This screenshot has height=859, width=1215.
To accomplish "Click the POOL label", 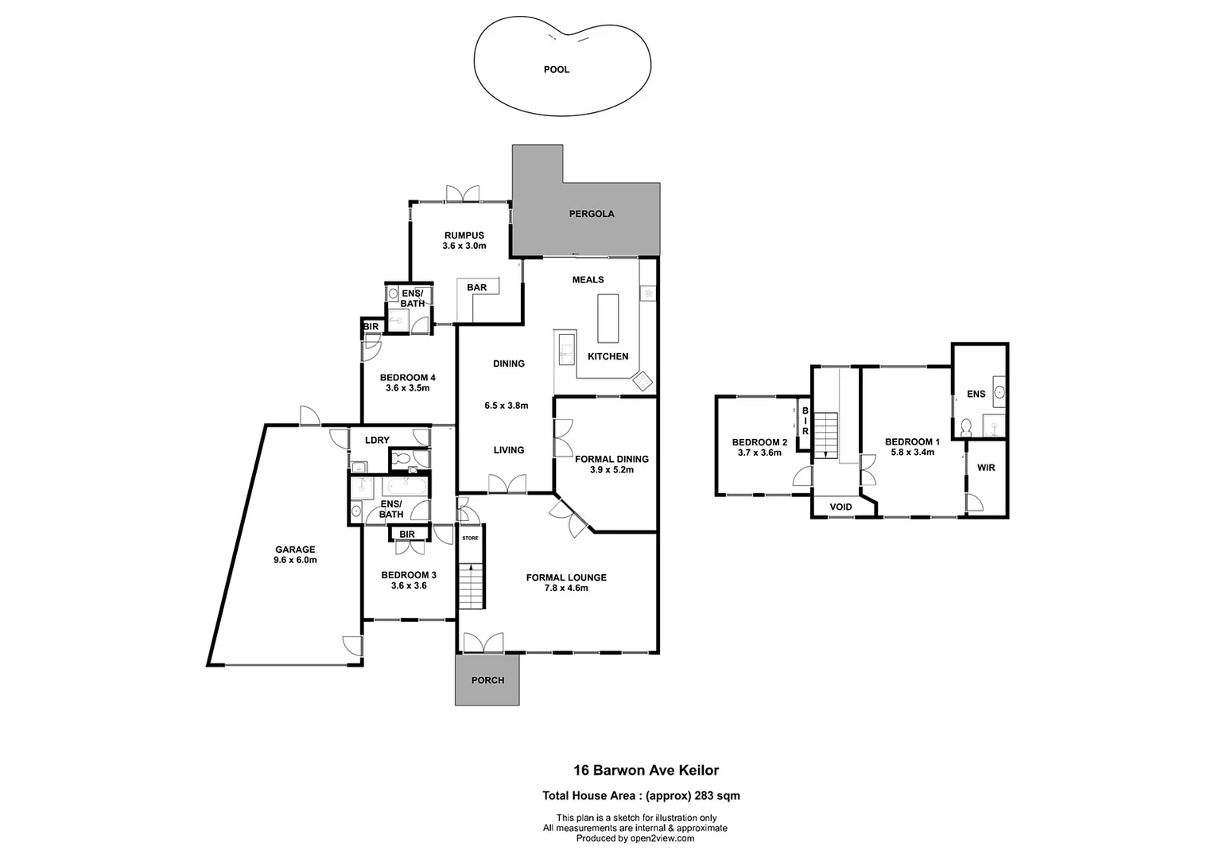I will coord(556,70).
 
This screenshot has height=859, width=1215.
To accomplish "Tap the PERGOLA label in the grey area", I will coord(591,214).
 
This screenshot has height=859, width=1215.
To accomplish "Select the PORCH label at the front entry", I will coord(487,680).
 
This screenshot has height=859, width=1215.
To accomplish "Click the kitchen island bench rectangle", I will coord(607,317).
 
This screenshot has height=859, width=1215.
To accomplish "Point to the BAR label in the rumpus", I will coord(476,288).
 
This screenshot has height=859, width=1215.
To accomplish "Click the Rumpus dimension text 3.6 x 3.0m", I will coord(464,247).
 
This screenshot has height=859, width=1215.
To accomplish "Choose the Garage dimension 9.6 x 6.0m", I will coord(295,560).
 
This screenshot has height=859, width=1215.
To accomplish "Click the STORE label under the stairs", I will coord(471,538).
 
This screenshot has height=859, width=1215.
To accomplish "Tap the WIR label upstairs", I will coord(986,468).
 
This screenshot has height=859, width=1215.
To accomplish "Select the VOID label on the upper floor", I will coord(840,507).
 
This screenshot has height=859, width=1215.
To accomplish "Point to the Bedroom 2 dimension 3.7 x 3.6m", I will coord(759,453).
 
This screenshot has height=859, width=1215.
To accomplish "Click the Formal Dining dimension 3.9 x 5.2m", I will coord(611,470).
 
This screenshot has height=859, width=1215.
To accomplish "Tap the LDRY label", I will coord(377,441).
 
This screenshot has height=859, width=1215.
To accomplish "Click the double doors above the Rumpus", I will coord(462,193).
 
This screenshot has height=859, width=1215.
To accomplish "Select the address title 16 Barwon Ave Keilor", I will coord(646,770).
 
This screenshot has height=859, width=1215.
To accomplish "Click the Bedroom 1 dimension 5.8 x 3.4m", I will coord(912,453).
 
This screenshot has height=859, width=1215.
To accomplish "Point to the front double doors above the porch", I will coord(483,643).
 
